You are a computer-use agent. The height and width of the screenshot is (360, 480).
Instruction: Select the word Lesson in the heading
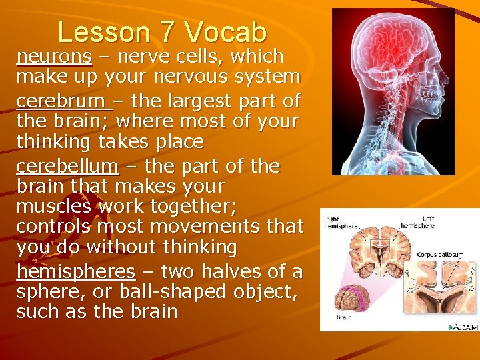[x=107, y=31]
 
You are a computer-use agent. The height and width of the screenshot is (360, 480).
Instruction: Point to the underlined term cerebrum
[x=63, y=101]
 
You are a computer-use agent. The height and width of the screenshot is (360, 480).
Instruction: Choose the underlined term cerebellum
[x=67, y=165]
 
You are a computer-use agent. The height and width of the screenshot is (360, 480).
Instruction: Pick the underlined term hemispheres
[x=76, y=271]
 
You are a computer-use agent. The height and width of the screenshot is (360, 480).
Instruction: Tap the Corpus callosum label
[x=440, y=254]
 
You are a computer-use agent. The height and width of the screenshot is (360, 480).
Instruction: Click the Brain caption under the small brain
[x=344, y=317]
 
